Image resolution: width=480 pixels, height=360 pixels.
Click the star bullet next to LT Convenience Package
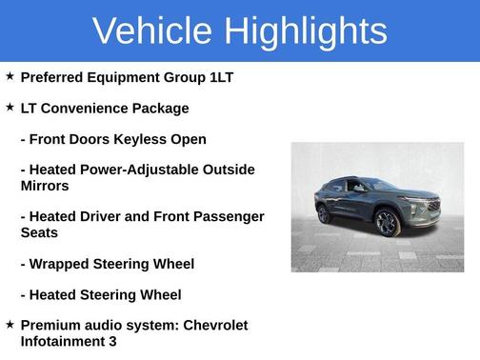pos(10,108)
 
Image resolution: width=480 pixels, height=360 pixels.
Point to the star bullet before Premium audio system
pos(10,325)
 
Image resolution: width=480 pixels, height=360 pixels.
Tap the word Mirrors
pos(45,186)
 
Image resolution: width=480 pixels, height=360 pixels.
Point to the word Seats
pos(39,232)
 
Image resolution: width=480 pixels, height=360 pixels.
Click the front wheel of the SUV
pos(387,224)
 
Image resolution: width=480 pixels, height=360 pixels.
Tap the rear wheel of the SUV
pos(324,213)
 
